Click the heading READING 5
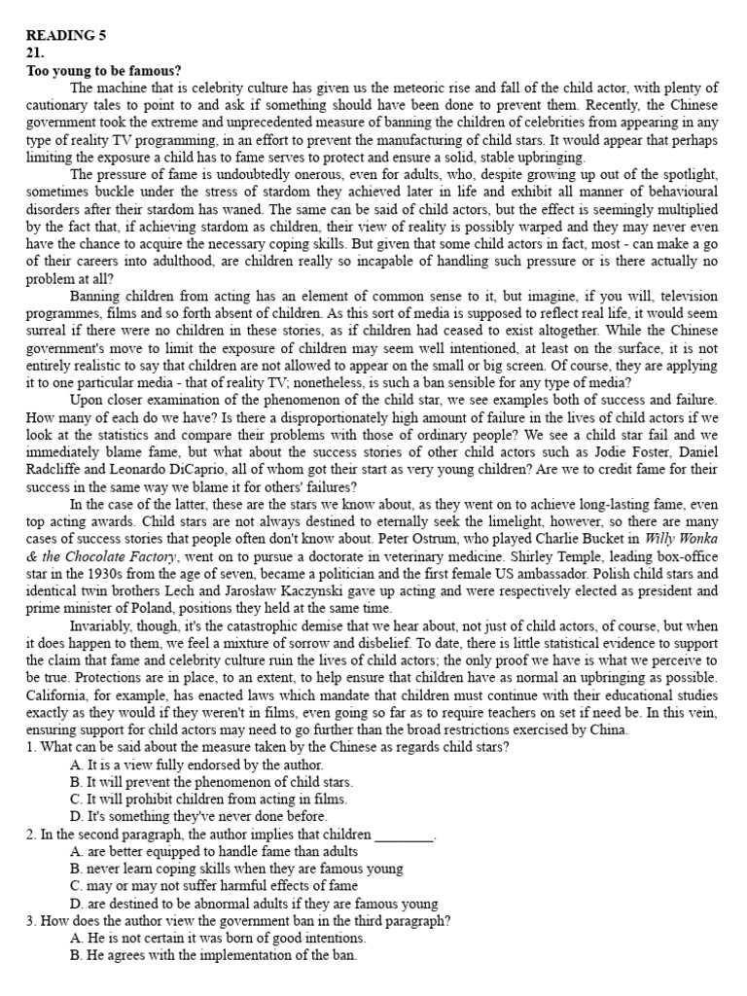pos(65,36)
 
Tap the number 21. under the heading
pos(36,53)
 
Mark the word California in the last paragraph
pos(58,695)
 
